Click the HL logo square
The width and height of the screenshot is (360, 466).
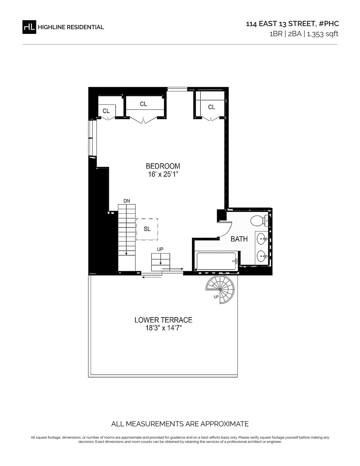pos(29,27)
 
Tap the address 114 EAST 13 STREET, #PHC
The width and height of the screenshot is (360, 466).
pos(292,24)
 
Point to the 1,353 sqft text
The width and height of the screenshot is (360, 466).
pos(322,34)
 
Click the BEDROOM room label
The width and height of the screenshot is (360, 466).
pos(163,166)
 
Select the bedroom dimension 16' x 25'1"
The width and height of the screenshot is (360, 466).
pos(163,174)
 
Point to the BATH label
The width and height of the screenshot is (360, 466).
pos(239,239)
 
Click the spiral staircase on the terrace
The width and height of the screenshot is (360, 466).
pos(220,289)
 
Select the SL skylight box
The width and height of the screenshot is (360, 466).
pos(147,229)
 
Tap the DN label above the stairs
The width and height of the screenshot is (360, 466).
pos(127,201)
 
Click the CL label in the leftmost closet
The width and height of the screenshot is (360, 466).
pos(106,111)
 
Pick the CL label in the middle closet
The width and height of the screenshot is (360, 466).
pos(143,104)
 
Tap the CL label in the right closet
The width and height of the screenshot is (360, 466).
pos(211,107)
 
